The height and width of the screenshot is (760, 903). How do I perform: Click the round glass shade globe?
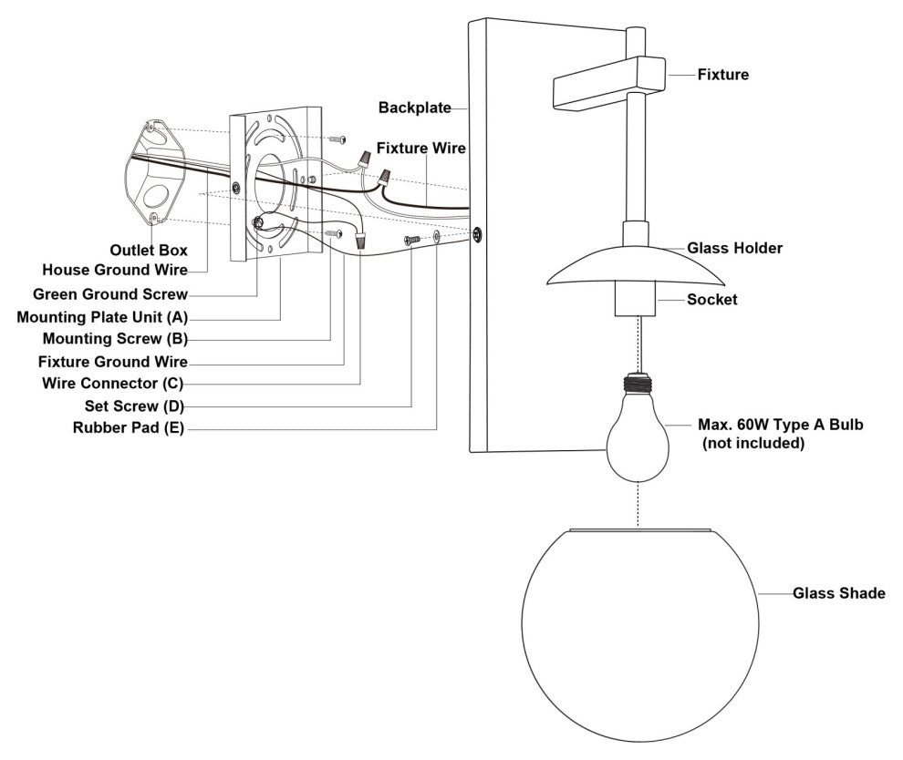(x=639, y=632)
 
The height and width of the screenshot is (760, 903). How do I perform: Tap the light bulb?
(x=638, y=428)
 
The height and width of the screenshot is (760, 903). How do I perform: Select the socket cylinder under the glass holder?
(x=636, y=298)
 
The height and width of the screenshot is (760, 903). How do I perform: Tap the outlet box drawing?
(x=155, y=171)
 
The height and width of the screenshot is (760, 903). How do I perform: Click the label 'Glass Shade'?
(x=839, y=593)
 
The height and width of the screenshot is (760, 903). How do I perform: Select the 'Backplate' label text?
(x=415, y=108)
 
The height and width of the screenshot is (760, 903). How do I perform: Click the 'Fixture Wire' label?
(x=421, y=149)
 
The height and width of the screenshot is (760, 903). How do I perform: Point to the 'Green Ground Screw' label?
(x=110, y=294)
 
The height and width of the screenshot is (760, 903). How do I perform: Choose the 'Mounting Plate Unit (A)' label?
(x=102, y=317)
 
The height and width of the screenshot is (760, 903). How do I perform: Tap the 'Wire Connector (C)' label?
(x=113, y=383)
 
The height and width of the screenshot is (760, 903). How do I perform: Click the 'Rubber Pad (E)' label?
(x=129, y=428)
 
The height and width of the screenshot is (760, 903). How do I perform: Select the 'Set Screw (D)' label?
(x=134, y=406)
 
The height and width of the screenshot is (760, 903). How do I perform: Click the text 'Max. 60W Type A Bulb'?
(x=781, y=425)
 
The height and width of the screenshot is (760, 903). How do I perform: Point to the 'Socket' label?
(x=711, y=299)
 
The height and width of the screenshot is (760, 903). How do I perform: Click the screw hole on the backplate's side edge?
(x=477, y=234)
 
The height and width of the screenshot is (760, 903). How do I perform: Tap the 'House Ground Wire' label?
(x=115, y=270)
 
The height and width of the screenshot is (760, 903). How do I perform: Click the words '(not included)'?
(x=753, y=443)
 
